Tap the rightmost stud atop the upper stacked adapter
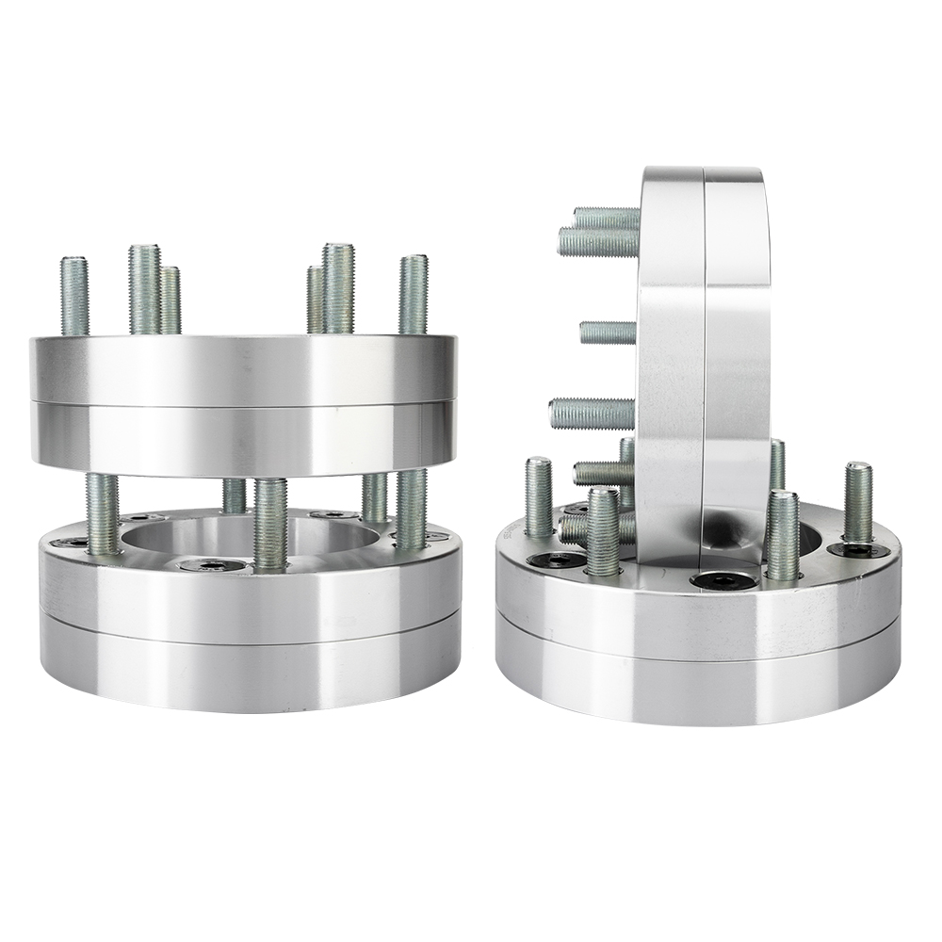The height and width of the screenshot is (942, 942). [x=413, y=294]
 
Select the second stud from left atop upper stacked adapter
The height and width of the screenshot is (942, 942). [x=144, y=288]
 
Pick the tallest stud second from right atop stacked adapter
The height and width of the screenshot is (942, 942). [x=337, y=287]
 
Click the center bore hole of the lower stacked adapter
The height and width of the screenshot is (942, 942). [x=250, y=539]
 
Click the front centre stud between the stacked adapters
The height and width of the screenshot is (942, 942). [x=269, y=523]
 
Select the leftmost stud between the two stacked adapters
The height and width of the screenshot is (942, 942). [x=103, y=512]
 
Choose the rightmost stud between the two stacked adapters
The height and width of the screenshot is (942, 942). [x=411, y=509]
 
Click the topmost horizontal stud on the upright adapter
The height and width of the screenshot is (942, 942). [x=606, y=219]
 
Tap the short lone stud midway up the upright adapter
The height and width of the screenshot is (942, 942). [x=608, y=333]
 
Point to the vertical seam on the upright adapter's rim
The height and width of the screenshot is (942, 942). [x=704, y=358]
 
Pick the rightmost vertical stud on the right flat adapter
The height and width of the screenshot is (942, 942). [x=857, y=503]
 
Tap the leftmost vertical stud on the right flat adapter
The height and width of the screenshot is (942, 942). [x=539, y=496]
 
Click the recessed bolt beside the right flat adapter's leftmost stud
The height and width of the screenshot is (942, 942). [x=553, y=561]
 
